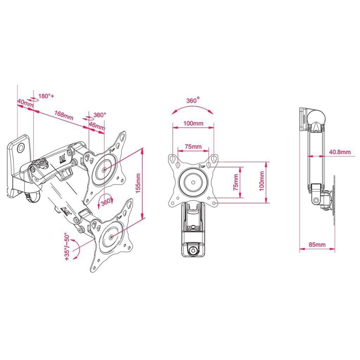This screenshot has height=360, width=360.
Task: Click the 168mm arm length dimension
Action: tap(64, 115)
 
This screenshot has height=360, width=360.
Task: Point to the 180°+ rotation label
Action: tap(46, 96)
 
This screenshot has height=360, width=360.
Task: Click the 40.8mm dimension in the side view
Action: tap(340, 152)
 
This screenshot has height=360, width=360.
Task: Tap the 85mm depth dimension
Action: tap(317, 244)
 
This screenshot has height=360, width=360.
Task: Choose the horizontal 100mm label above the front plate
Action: tap(193, 123)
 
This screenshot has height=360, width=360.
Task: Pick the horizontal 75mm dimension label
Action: tap(193, 146)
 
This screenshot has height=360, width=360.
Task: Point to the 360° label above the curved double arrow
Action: tap(193, 100)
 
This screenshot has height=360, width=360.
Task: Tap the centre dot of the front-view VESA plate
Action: tap(193, 182)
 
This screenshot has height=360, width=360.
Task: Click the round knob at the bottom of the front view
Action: tap(193, 250)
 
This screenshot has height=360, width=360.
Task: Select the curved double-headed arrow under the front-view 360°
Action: tap(193, 109)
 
